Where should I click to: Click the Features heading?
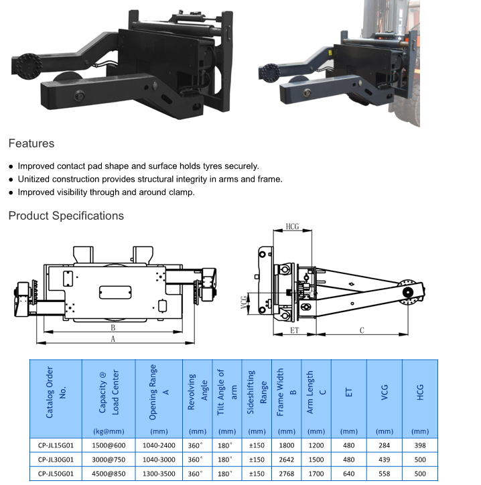[31, 143]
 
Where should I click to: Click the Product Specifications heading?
[66, 216]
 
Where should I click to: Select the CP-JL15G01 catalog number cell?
[56, 445]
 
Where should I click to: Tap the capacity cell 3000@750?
[109, 460]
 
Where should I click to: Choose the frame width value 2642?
[286, 460]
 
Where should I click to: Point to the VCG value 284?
[385, 445]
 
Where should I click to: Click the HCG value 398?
[420, 445]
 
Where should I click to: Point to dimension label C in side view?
[362, 330]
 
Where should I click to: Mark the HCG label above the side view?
[292, 226]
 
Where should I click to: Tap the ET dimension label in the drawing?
[294, 330]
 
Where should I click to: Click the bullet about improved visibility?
[106, 192]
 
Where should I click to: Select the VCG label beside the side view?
[244, 303]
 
